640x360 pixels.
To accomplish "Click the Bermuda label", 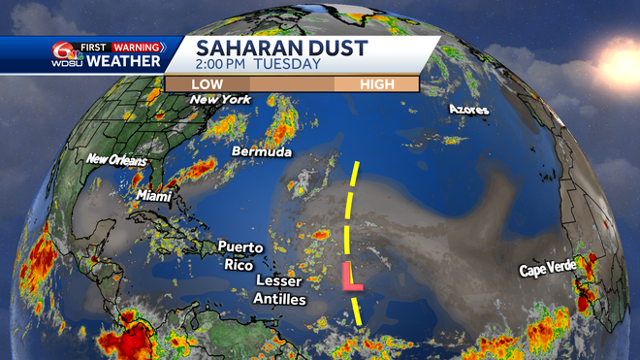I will point(261,152).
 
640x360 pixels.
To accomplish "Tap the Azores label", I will point(469,110).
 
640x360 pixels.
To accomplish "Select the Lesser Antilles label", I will point(279,290).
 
